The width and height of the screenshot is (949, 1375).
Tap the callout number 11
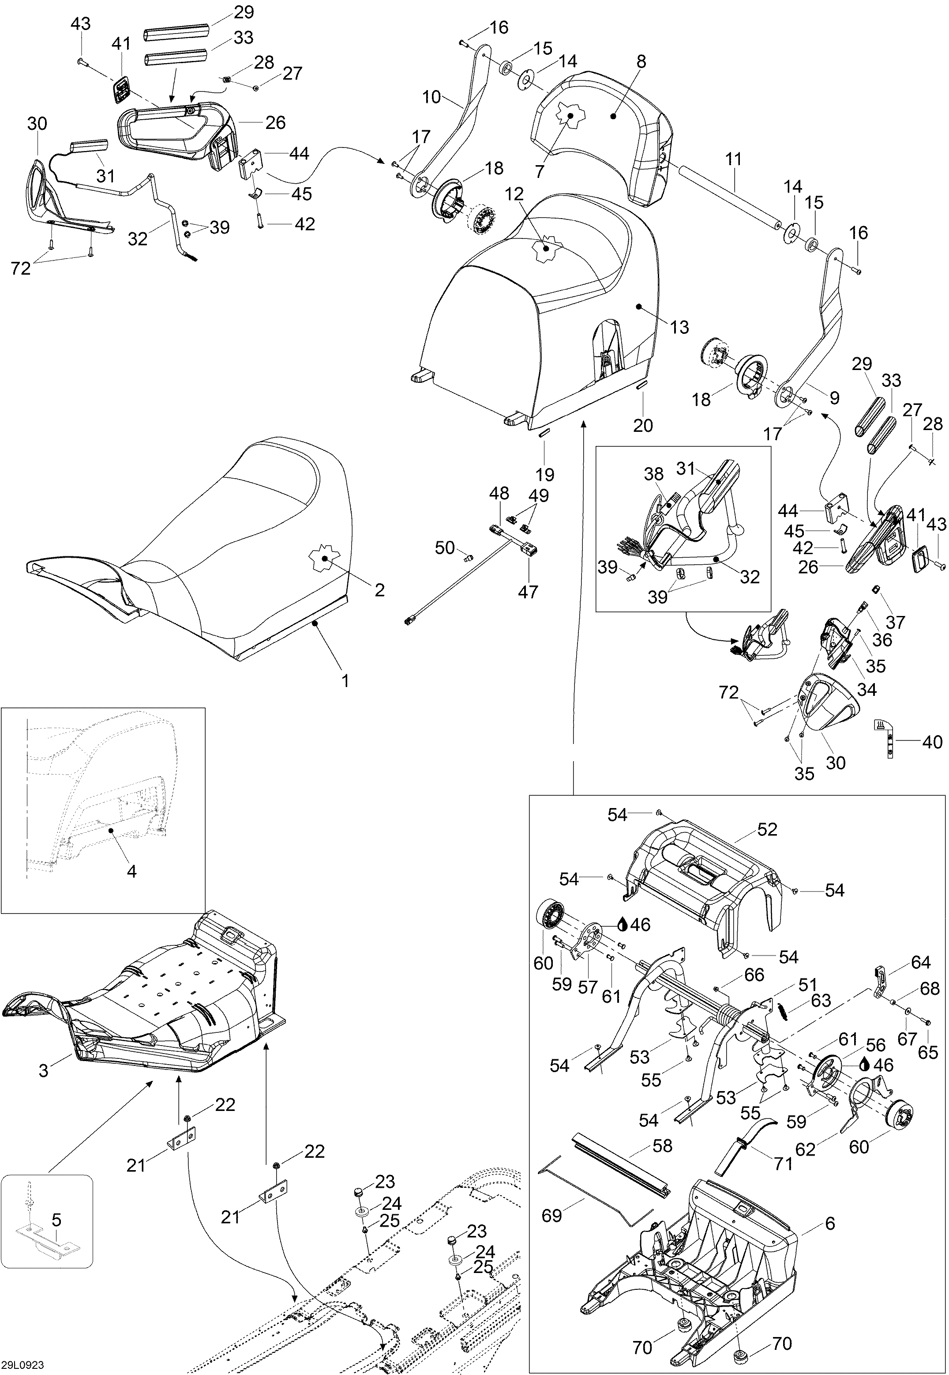[734, 159]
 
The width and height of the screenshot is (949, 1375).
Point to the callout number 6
[830, 1207]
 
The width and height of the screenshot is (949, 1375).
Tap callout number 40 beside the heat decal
[932, 741]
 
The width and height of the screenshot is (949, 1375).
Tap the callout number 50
[445, 548]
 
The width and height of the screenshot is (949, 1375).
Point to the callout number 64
[920, 962]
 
